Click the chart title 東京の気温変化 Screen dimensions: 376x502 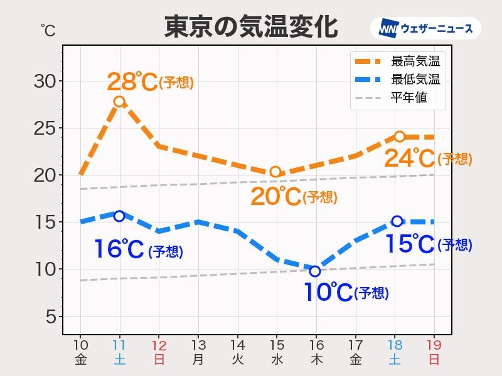[251, 27]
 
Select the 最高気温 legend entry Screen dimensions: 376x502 [415, 61]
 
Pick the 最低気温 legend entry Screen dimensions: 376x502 [415, 80]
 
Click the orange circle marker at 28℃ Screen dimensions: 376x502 [119, 102]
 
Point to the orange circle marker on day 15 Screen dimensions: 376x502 [275, 172]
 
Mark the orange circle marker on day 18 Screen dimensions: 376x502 [399, 137]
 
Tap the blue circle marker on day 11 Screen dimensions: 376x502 [119, 216]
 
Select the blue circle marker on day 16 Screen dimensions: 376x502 [315, 271]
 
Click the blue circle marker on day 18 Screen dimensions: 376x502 [397, 221]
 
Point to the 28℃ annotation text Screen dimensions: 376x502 [132, 81]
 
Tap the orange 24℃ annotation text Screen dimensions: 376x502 [410, 159]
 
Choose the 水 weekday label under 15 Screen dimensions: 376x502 [277, 360]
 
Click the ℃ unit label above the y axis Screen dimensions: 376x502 [48, 29]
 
